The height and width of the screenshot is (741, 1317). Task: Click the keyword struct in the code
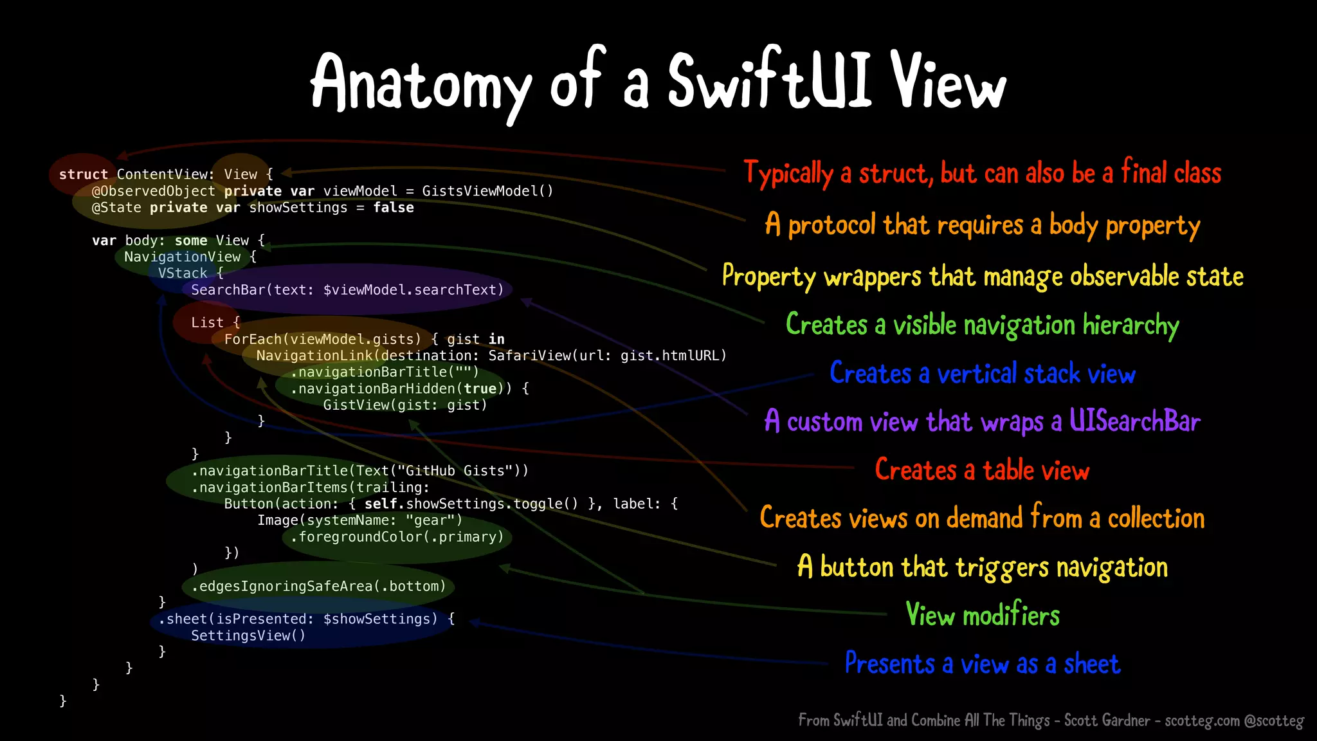(x=83, y=174)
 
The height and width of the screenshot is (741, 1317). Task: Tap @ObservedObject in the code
(x=153, y=191)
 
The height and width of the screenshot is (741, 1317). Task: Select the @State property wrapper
(x=116, y=208)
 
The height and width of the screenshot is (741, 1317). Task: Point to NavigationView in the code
(x=182, y=257)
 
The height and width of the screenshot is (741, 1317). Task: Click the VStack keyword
(x=183, y=273)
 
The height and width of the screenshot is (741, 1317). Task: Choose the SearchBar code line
(x=347, y=290)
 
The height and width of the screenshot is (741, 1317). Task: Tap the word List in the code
(x=206, y=323)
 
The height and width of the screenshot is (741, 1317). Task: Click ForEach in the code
(x=255, y=339)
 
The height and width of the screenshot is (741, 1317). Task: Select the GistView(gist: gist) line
(x=405, y=405)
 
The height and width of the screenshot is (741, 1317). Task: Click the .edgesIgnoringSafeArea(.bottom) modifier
(x=318, y=587)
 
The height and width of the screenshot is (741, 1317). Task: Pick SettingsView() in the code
(x=248, y=636)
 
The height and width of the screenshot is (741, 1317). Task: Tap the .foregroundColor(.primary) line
(x=397, y=537)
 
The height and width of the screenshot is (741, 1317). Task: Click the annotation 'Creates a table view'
(x=982, y=470)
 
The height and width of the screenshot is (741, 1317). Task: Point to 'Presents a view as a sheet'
(x=982, y=664)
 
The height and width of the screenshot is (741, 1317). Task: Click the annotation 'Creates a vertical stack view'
(x=982, y=374)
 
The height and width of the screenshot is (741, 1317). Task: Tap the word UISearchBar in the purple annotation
(x=1134, y=421)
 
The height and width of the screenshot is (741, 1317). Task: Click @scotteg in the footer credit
(x=1274, y=720)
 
